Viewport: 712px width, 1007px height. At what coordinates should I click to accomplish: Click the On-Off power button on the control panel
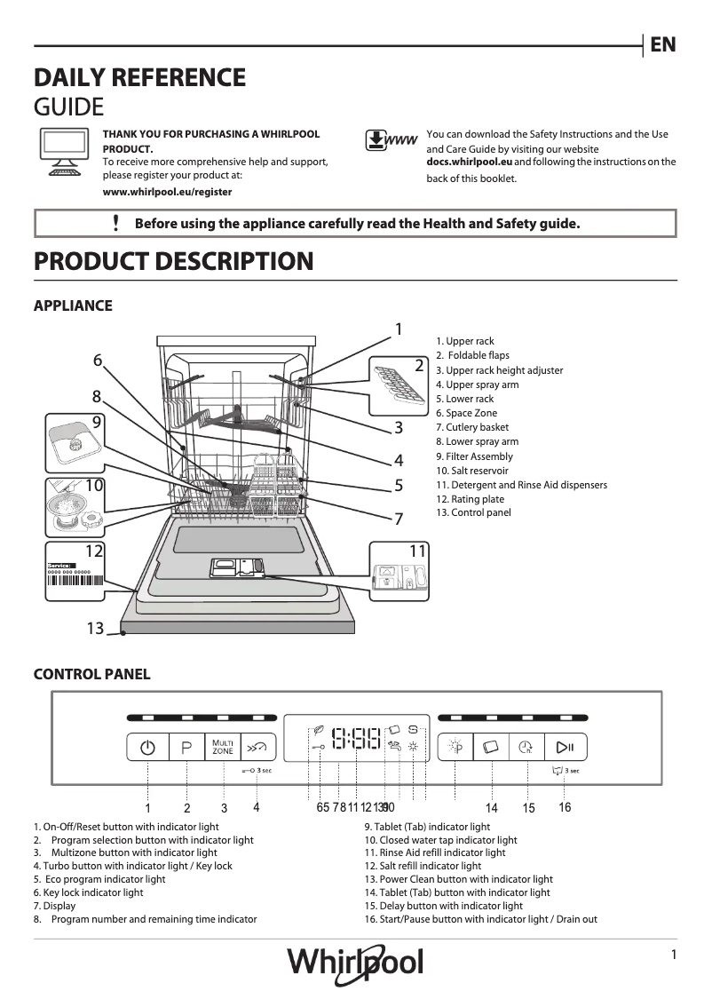[147, 748]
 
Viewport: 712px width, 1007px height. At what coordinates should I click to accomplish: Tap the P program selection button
[186, 748]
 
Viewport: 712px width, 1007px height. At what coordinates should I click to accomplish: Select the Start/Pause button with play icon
[565, 748]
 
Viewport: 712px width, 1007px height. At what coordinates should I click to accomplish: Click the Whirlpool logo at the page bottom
[355, 962]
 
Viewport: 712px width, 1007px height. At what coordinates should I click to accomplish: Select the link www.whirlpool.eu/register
[168, 191]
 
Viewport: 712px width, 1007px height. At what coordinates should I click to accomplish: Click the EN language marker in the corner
[662, 44]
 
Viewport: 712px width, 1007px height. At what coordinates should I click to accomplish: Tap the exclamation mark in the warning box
[116, 223]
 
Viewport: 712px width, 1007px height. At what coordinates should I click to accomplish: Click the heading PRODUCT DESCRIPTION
[173, 262]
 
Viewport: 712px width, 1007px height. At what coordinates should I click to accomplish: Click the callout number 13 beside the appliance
[95, 629]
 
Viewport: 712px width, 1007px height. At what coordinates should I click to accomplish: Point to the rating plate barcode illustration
[75, 577]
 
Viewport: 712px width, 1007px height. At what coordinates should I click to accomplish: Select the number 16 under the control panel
[565, 807]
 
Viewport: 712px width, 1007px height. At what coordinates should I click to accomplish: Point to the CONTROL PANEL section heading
[91, 675]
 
